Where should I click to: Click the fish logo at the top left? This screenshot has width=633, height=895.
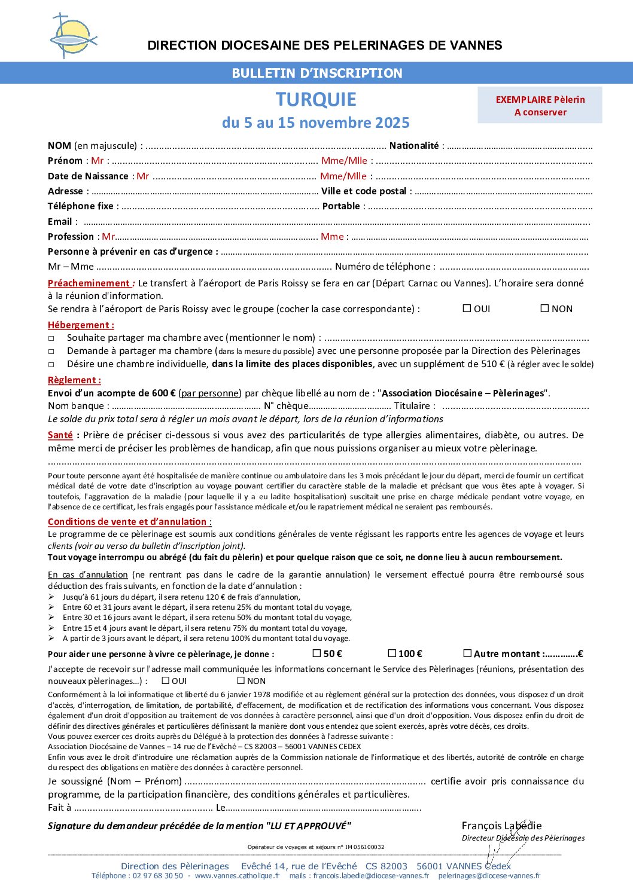(x=73, y=36)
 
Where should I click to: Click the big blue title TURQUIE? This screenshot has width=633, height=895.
(x=316, y=99)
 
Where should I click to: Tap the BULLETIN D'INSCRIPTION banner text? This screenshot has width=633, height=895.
(x=316, y=73)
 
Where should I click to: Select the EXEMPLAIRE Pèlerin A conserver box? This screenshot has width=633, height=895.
(x=540, y=105)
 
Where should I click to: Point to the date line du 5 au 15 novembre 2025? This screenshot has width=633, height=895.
(x=316, y=123)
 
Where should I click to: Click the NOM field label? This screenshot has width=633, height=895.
(x=59, y=146)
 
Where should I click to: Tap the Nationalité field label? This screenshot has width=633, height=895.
(x=413, y=146)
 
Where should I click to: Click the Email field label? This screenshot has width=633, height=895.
(x=60, y=222)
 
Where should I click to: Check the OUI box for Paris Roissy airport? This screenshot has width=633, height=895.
(x=467, y=308)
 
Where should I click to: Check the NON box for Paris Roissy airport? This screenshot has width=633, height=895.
(x=544, y=308)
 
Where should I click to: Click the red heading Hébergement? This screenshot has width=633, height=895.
(x=80, y=325)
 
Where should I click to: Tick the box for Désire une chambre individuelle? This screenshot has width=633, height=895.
(x=51, y=364)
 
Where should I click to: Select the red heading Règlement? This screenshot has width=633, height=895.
(x=74, y=380)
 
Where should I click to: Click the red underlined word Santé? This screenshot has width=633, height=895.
(x=60, y=435)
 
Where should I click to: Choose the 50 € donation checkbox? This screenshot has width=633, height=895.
(x=316, y=653)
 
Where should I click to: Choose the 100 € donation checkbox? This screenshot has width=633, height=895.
(x=392, y=653)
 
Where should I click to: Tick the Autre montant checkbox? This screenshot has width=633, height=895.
(x=467, y=653)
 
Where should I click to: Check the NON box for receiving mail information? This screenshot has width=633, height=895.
(x=241, y=680)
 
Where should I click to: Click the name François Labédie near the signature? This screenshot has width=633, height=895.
(x=501, y=826)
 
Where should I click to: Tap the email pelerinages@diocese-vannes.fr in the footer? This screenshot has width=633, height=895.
(x=489, y=876)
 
